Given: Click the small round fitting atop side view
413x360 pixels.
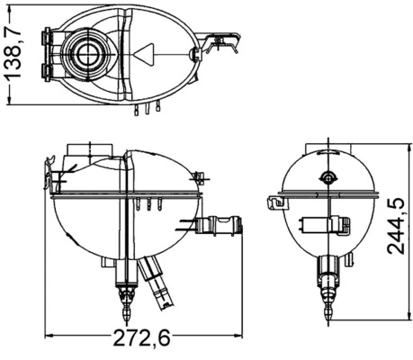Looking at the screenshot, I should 328,175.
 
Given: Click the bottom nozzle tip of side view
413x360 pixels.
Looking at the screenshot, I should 328,309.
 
